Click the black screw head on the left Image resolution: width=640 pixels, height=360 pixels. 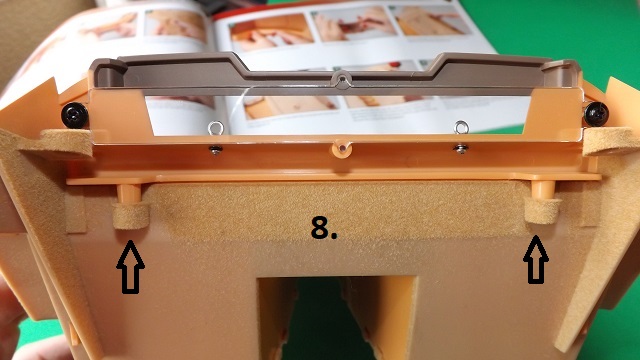75,115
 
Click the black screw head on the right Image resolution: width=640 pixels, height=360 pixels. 596,114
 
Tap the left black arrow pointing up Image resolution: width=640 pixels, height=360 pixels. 130,267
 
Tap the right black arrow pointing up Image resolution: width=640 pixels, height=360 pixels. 536,260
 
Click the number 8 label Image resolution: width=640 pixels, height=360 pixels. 323,228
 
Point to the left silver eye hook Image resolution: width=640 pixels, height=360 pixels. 215,128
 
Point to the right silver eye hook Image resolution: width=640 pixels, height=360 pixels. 461,127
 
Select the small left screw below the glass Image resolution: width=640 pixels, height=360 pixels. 216,149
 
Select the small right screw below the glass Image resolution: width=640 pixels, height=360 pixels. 461,149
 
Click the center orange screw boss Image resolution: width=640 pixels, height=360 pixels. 342,149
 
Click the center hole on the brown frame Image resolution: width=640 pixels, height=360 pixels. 342,78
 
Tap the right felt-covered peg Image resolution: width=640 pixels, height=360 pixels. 542,210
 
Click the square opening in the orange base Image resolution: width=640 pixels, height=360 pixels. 337,318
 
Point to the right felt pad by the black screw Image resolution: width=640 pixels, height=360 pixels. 611,141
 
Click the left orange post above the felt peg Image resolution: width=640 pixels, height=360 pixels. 130,193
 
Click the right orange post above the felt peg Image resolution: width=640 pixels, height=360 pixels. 543,188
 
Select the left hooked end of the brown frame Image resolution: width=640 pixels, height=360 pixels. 107,71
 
